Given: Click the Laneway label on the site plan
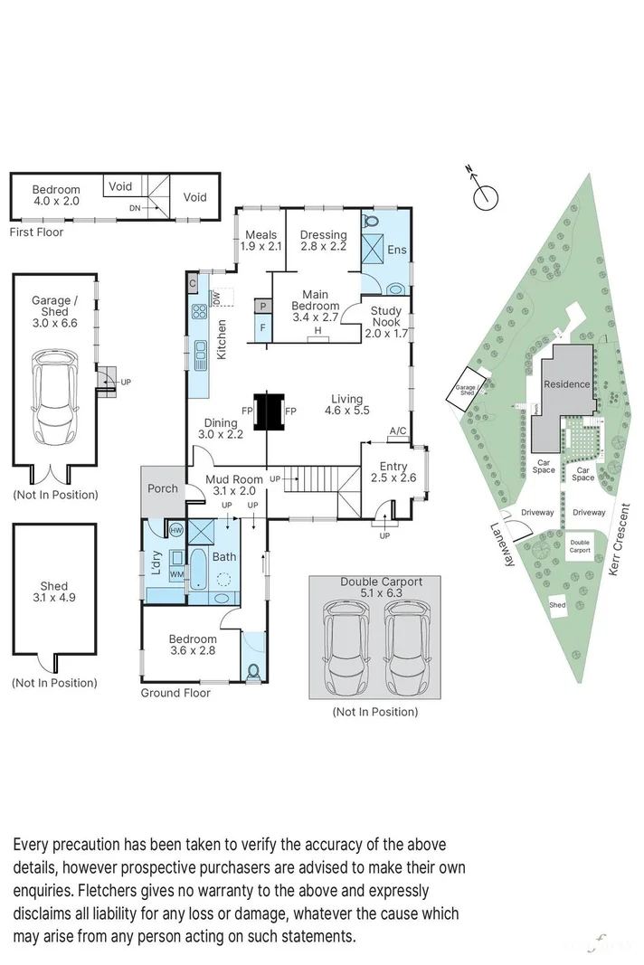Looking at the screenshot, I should [x=503, y=544].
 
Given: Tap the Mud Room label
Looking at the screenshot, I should [x=234, y=479].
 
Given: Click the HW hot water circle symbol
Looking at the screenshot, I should [x=175, y=529].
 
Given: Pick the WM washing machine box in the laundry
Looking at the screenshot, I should [x=176, y=574].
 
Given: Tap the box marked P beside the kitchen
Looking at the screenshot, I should [x=262, y=307].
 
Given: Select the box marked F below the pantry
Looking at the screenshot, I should [x=262, y=327].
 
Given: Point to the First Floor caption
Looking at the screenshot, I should [x=37, y=232].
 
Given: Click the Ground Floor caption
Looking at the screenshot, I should [x=175, y=693].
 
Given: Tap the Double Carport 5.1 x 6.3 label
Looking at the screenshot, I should [x=380, y=588].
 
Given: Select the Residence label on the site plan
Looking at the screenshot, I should [x=566, y=384].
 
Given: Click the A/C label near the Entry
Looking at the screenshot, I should [x=396, y=431].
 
